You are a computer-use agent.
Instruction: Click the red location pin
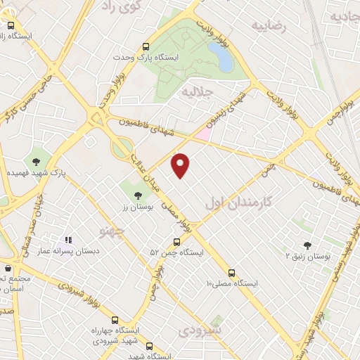tap(181, 165)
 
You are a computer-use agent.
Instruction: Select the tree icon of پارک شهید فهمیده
tap(35, 162)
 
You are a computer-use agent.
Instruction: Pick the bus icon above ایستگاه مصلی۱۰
tap(233, 273)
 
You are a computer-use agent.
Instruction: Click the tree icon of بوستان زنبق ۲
tap(307, 245)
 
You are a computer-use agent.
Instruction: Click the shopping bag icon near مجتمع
tap(8, 268)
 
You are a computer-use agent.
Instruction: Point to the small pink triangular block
tap(203, 131)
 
